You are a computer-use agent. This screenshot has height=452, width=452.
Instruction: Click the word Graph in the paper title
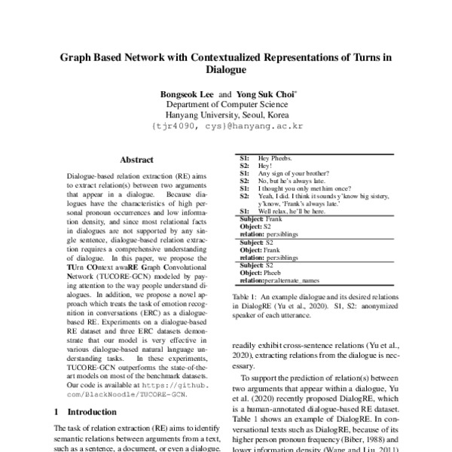pos(78,56)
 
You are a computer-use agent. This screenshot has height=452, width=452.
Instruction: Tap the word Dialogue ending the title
pos(226,71)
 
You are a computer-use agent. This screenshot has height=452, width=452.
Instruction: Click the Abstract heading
pos(136,160)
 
